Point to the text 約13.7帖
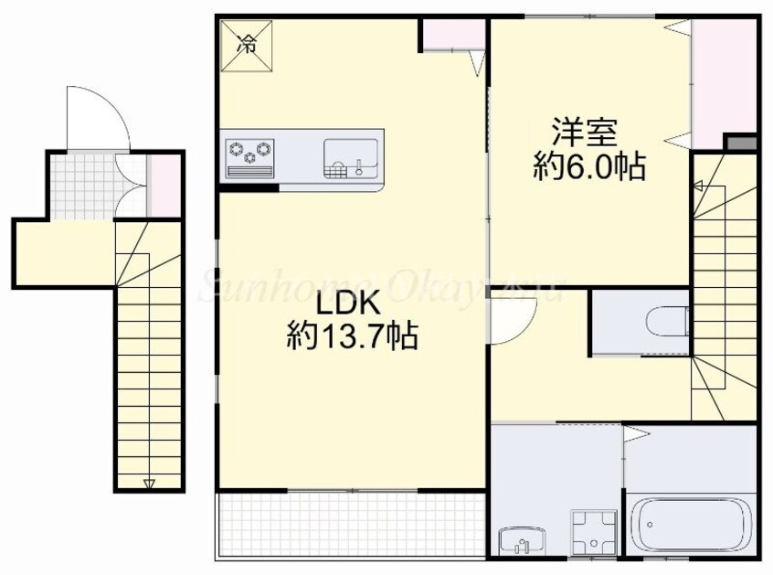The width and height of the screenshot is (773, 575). [352, 337]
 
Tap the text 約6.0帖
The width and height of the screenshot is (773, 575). [589, 166]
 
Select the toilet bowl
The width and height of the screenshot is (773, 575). [665, 320]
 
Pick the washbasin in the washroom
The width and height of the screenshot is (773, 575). [521, 541]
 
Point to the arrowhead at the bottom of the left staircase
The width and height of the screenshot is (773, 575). [149, 483]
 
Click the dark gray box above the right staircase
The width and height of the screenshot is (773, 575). [741, 144]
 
